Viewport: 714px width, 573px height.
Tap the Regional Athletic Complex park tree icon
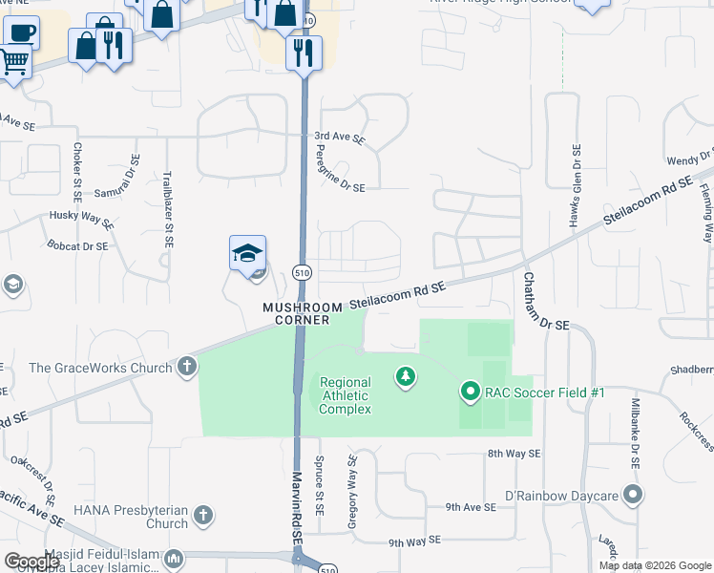tap(407, 378)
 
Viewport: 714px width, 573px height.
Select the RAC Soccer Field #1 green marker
tap(470, 392)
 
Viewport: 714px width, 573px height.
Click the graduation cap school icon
tap(247, 254)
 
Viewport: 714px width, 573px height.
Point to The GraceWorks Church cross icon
tap(187, 367)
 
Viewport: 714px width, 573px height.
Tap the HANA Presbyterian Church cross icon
tap(202, 517)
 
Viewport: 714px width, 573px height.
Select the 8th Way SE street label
tap(514, 454)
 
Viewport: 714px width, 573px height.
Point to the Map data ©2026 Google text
tap(654, 565)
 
